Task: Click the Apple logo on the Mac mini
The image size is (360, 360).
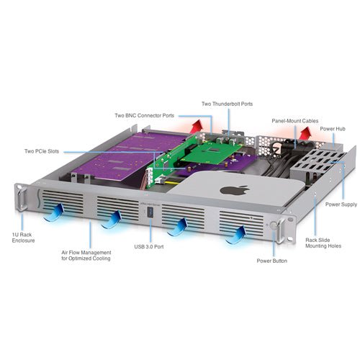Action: click(233, 193)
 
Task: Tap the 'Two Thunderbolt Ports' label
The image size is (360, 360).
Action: click(228, 103)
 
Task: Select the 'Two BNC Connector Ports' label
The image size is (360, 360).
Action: click(145, 115)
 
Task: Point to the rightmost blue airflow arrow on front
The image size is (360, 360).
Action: click(237, 232)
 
